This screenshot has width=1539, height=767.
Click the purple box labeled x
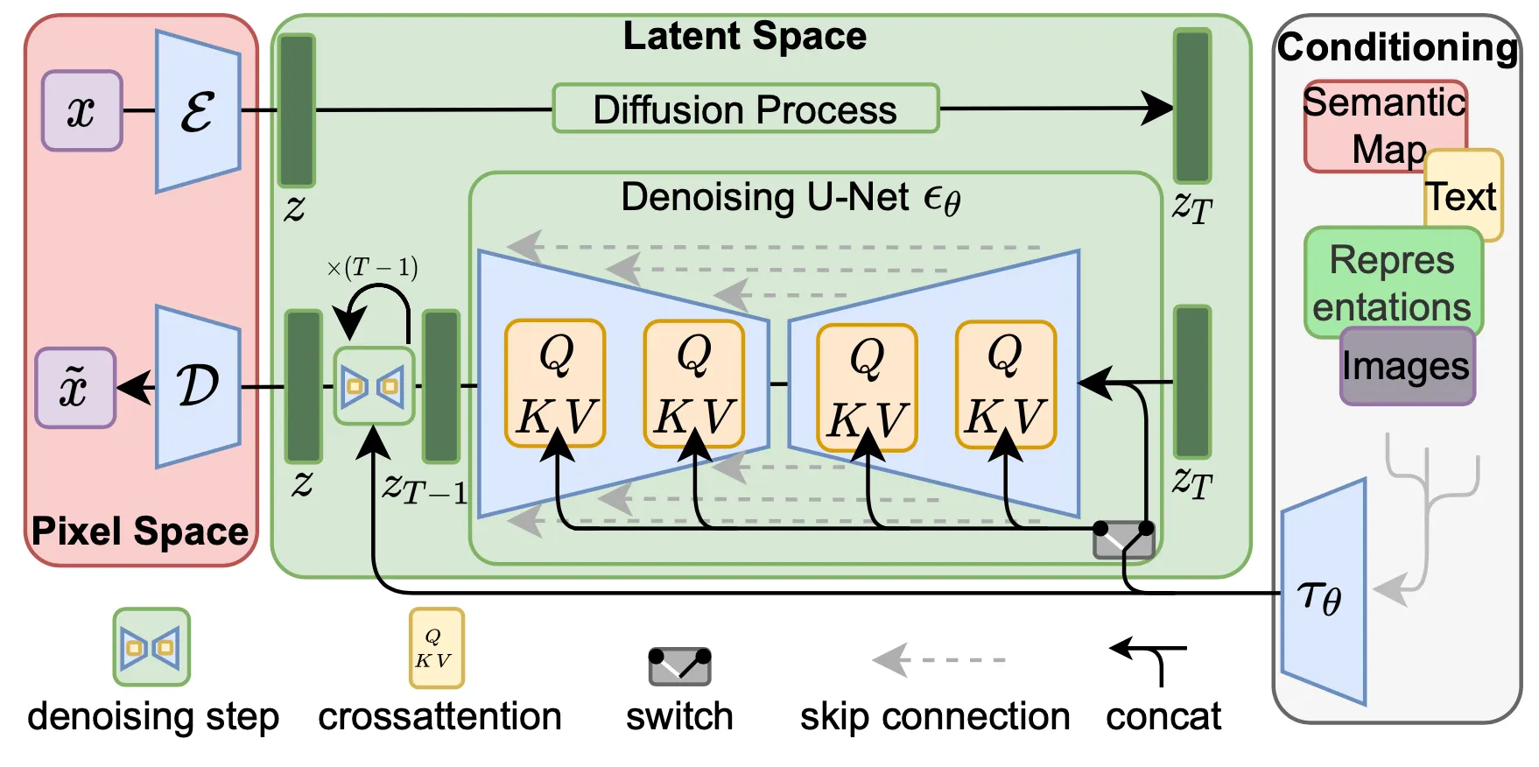[x=81, y=111]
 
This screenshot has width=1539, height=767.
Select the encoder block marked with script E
[x=198, y=112]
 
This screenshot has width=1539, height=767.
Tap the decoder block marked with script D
[x=198, y=386]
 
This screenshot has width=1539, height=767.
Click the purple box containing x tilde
[x=75, y=387]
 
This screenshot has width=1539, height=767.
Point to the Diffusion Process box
[x=745, y=109]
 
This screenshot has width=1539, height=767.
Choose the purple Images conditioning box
[x=1406, y=366]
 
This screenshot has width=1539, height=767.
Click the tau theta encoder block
[x=1323, y=595]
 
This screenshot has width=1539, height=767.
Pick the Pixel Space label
[x=140, y=531]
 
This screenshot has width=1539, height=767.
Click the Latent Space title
[x=744, y=37]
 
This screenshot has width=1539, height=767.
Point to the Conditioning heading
[x=1397, y=47]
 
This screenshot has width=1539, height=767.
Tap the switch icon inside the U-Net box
[x=1123, y=539]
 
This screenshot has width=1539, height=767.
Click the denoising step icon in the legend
[x=151, y=647]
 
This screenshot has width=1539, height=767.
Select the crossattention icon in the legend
[x=436, y=648]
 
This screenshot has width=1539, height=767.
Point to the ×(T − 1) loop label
[x=372, y=267]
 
